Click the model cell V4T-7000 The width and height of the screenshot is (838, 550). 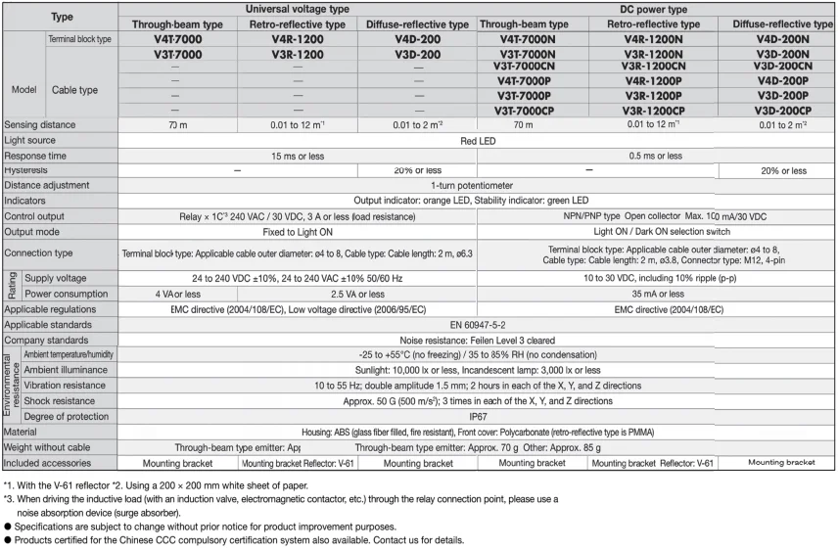click(177, 39)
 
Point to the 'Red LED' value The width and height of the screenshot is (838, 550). click(475, 141)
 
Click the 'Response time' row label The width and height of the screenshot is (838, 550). click(35, 156)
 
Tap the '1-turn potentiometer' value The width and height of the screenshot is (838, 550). click(475, 185)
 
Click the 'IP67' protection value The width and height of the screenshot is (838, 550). click(475, 416)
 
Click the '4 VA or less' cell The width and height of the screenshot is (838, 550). click(177, 294)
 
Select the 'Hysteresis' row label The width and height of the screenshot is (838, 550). click(26, 170)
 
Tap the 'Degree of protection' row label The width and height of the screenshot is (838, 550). click(67, 416)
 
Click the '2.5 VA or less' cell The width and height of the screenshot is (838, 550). click(356, 294)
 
